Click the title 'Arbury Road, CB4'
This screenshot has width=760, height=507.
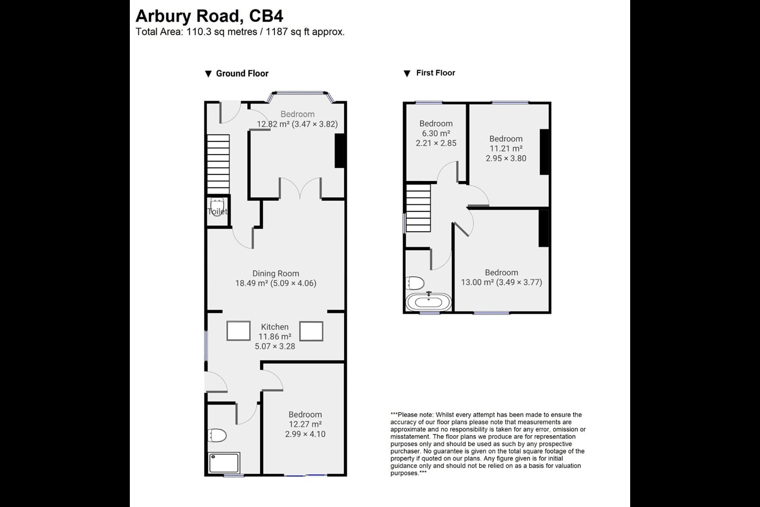[209, 16]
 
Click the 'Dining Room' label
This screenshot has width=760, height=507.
[275, 274]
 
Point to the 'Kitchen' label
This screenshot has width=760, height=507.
[274, 327]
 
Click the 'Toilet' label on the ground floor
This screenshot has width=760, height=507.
[217, 211]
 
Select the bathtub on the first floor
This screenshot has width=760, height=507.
[429, 303]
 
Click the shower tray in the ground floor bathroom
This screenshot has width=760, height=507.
[224, 463]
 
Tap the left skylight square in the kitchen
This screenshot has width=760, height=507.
[239, 331]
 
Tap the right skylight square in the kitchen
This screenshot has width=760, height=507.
[311, 331]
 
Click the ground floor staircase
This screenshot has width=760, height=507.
[218, 164]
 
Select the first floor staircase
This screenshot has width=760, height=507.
[418, 208]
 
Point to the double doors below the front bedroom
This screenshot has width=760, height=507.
[300, 189]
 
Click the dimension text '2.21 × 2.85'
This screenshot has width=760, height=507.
[436, 143]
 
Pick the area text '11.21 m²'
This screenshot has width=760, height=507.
[506, 148]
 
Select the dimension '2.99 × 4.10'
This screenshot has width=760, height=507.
[305, 434]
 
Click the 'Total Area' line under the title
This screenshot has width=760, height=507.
[240, 32]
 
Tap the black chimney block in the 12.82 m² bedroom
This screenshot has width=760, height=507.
[340, 151]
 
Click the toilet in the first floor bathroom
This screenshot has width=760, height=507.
[416, 283]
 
